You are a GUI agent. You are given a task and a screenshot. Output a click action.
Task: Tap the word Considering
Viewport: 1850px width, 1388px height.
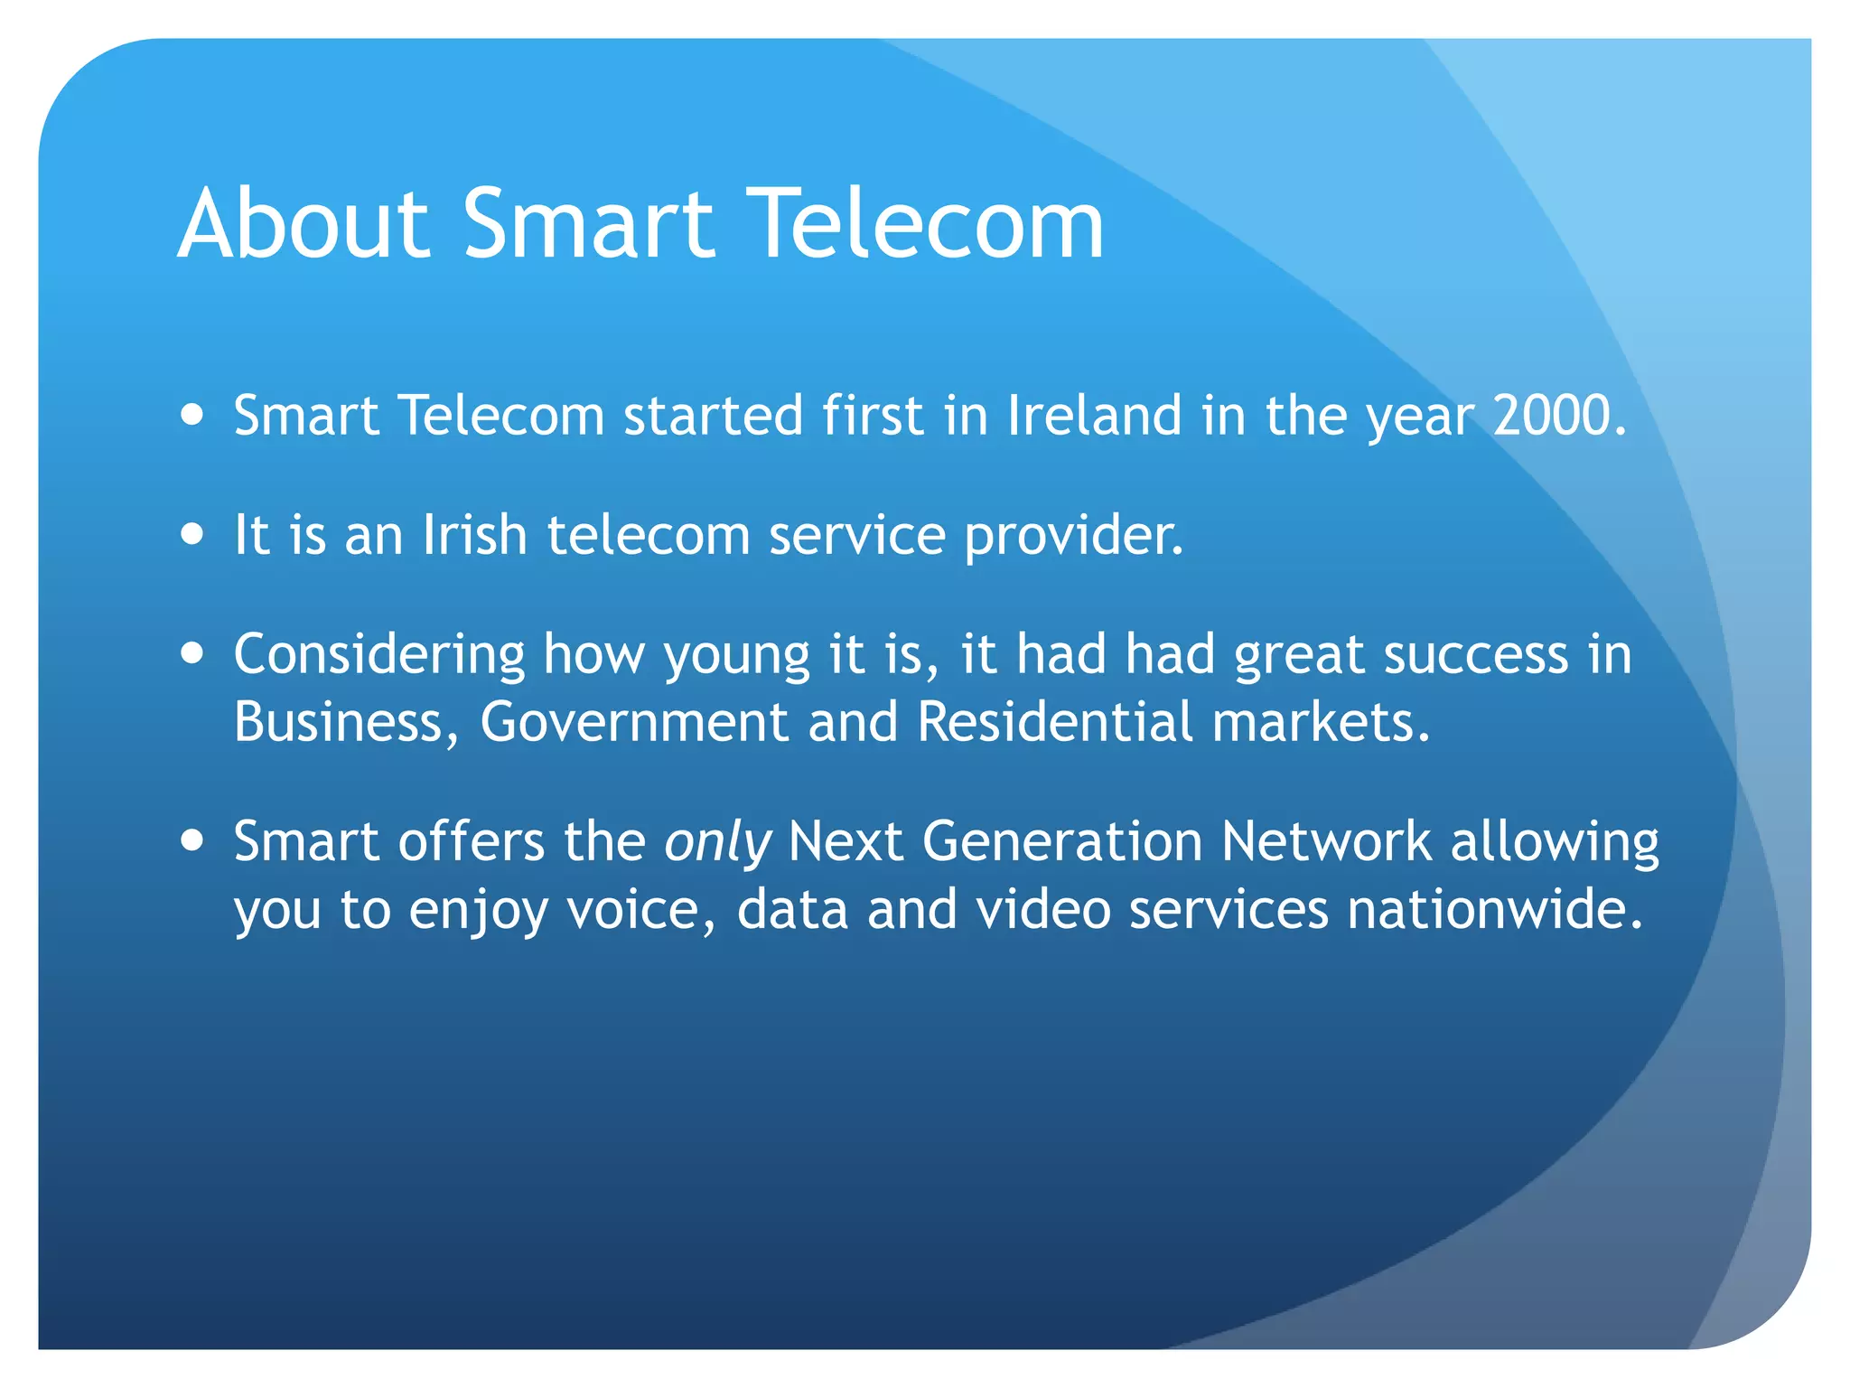(379, 654)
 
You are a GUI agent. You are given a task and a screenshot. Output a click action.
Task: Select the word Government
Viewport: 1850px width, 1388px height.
(634, 722)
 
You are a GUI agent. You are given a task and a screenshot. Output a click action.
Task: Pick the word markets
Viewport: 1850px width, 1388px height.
(1320, 722)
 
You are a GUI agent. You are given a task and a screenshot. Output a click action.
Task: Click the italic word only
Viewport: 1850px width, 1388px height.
(717, 842)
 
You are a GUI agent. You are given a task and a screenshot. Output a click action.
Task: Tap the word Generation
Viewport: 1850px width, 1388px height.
(1062, 842)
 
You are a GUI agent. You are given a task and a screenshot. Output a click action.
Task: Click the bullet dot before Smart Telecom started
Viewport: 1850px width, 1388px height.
(192, 415)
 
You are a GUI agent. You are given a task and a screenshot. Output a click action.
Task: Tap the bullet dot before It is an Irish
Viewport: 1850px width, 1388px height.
(192, 533)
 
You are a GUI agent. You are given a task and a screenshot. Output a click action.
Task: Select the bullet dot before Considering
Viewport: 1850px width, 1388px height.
(192, 652)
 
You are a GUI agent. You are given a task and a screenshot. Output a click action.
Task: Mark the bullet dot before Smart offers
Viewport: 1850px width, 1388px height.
(192, 840)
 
